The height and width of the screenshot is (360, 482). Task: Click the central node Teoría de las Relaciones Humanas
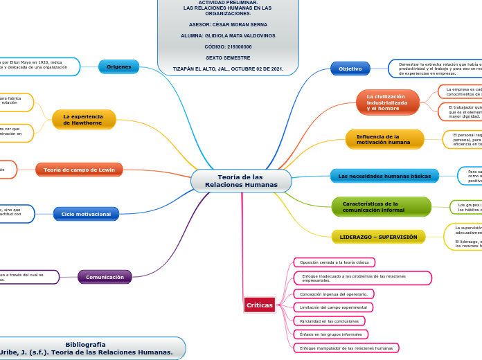241,181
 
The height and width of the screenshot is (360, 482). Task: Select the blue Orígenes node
118,67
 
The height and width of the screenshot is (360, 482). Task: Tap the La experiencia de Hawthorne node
83,120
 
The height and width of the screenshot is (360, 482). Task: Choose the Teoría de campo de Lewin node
79,170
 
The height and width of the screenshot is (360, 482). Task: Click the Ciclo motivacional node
86,215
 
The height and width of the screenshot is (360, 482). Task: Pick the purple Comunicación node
105,278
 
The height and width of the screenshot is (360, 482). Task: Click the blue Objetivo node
350,69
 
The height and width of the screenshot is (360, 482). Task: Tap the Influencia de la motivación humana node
384,139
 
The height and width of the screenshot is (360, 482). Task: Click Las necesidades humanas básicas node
384,177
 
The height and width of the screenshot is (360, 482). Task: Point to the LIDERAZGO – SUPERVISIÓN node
379,237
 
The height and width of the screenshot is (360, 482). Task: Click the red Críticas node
260,305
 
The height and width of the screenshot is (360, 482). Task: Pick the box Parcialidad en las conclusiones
329,321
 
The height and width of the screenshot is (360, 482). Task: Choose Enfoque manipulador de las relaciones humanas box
346,348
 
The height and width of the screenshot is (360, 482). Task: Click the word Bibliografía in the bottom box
86,344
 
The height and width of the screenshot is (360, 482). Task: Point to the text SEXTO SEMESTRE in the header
228,57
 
